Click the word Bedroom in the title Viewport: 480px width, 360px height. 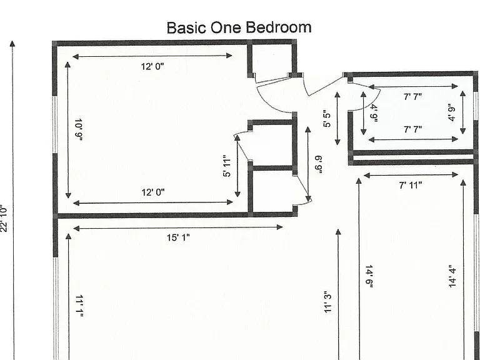coord(279,27)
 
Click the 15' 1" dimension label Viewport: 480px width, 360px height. coord(178,237)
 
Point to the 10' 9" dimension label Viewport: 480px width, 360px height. coord(79,129)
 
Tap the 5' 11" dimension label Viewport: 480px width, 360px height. coord(227,166)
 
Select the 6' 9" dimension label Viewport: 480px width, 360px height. coord(319,165)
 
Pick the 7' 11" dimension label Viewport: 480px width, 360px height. coord(411,185)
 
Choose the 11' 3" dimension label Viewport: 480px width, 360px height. coord(328,302)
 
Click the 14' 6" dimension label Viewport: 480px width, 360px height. coord(369,276)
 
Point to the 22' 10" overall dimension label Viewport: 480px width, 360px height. coord(3,219)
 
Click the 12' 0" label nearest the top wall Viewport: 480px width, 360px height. coord(152,66)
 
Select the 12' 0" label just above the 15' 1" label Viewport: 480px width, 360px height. coord(153,192)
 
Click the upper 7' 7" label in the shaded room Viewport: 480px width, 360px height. coord(412,97)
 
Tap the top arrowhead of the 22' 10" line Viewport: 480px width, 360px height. coord(12,44)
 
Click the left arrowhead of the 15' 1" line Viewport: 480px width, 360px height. coord(76,228)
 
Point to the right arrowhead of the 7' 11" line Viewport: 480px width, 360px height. coord(455,175)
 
